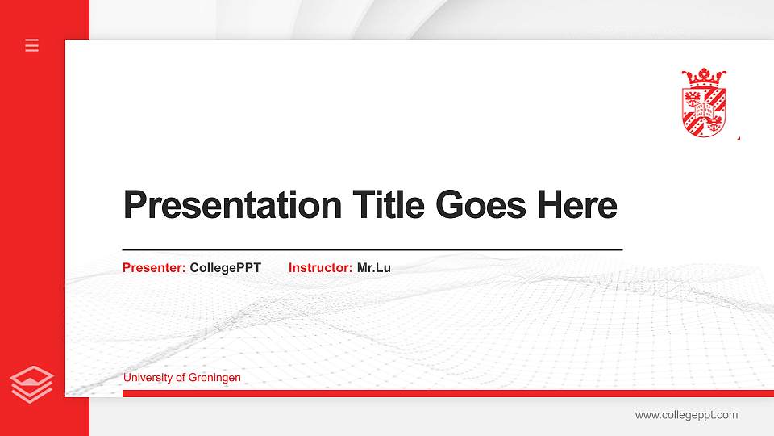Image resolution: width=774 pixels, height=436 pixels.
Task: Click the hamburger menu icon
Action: [x=32, y=45]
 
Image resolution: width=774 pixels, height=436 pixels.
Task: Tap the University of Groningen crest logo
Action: [x=704, y=103]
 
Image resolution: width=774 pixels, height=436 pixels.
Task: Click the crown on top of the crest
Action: [x=704, y=78]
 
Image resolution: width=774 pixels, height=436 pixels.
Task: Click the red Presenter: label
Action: [x=154, y=267]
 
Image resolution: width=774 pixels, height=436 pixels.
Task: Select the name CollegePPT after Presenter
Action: [x=226, y=267]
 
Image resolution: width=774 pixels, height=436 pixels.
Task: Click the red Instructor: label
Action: [x=320, y=267]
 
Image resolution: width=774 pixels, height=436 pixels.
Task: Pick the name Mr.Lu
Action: [x=374, y=267]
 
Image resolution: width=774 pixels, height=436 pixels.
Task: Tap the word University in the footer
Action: [x=148, y=378]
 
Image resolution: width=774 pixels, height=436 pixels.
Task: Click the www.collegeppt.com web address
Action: [x=686, y=415]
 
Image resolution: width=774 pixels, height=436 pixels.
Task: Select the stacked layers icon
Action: [x=32, y=384]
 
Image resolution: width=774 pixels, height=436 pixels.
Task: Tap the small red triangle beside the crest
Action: [x=738, y=138]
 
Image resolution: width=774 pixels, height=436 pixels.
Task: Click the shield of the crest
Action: [x=704, y=111]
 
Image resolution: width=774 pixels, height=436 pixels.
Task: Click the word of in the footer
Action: [x=180, y=378]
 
